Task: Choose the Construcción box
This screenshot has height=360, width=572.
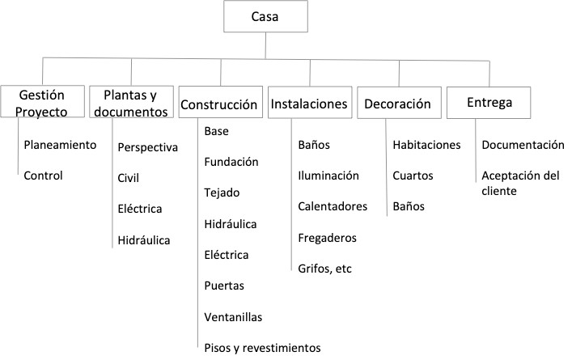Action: tap(219, 104)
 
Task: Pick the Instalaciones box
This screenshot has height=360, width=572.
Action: tap(309, 104)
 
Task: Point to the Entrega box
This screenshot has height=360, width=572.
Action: tap(489, 102)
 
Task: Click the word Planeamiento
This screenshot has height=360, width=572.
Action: tap(61, 146)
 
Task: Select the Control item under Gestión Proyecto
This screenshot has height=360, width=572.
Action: tap(44, 175)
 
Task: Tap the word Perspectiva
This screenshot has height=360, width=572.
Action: tap(147, 148)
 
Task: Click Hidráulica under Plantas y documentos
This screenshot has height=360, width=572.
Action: tap(144, 239)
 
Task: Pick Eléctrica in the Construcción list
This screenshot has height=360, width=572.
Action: tap(227, 255)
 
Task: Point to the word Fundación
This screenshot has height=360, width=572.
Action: tap(231, 162)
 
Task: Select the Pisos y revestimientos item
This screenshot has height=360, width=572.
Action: tap(263, 348)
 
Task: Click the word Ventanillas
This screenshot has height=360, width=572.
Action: tap(234, 317)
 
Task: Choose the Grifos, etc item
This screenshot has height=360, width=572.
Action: tap(325, 269)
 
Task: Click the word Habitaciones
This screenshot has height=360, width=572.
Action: tap(426, 146)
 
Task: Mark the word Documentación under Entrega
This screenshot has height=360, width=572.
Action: tap(523, 146)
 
